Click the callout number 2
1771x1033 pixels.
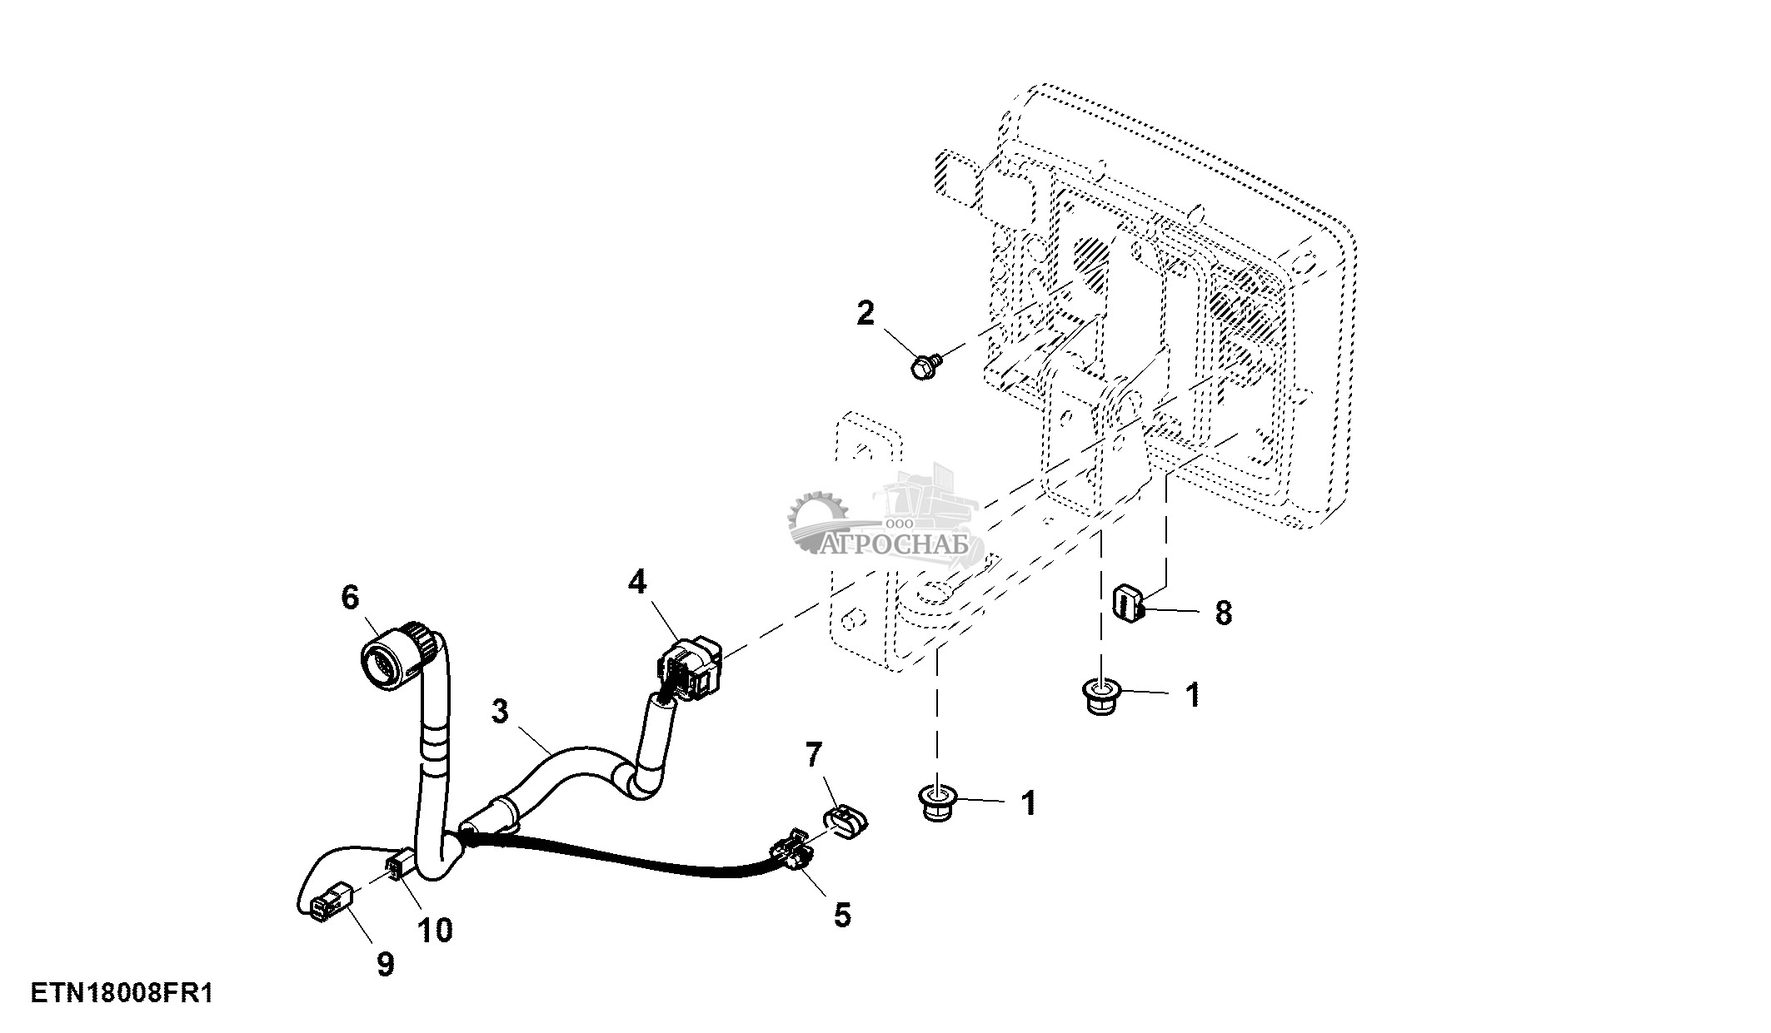point(866,314)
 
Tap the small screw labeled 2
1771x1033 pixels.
point(925,366)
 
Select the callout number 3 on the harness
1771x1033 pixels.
point(499,713)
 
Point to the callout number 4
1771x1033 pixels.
point(637,582)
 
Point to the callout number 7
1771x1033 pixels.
point(814,756)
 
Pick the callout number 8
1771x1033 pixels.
point(1223,613)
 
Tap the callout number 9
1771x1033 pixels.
point(385,965)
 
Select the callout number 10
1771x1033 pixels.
point(435,930)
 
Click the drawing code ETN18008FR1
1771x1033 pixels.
point(122,993)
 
